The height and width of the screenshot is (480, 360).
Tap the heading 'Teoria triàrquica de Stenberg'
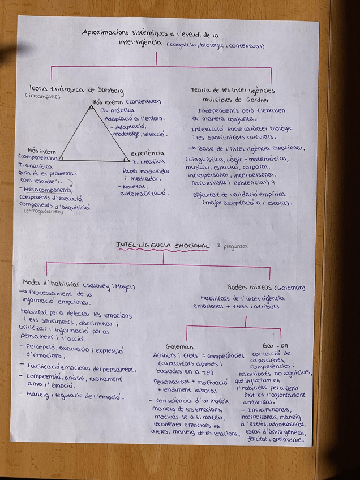[x=76, y=89]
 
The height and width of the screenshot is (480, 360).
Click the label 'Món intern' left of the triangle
[x=41, y=151]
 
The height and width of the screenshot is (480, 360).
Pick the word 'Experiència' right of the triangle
[x=148, y=153]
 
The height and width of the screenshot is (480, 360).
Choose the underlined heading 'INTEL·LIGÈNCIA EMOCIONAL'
[x=162, y=245]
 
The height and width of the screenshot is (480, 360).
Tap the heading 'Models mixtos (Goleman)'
[x=265, y=287]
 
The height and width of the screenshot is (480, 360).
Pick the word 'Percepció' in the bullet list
[x=44, y=346]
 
